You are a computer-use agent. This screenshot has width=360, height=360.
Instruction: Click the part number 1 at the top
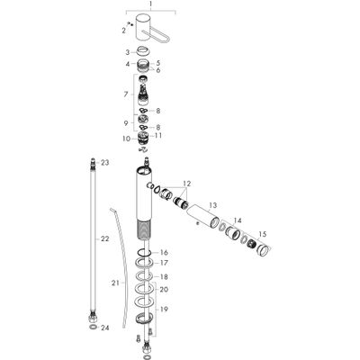pyautogui.click(x=150, y=4)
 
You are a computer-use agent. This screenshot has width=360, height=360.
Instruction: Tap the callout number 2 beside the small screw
pyautogui.click(x=123, y=31)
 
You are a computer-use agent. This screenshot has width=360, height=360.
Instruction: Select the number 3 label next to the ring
pyautogui.click(x=128, y=52)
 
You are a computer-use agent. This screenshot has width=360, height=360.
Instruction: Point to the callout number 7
pyautogui.click(x=126, y=94)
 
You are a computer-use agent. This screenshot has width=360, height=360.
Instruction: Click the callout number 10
pyautogui.click(x=127, y=139)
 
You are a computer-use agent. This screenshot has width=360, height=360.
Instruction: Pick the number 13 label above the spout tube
pyautogui.click(x=212, y=205)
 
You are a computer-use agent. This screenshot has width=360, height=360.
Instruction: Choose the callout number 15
pyautogui.click(x=262, y=234)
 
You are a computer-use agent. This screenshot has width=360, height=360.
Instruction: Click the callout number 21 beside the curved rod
pyautogui.click(x=115, y=283)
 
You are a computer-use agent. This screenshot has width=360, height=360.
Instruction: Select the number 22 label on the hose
pyautogui.click(x=104, y=238)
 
